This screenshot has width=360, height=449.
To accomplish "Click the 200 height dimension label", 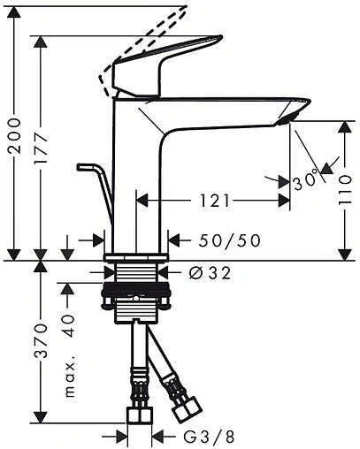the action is [x=15, y=135].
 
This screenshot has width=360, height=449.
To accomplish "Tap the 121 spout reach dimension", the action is [x=215, y=201].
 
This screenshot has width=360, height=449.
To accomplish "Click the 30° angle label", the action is [x=306, y=179].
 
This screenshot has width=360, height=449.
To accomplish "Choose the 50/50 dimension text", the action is [x=230, y=240].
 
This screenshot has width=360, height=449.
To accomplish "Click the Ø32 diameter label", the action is [x=210, y=273].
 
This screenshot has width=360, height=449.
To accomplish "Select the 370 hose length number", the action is [x=41, y=341].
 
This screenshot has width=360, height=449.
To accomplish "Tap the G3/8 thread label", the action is [x=210, y=437].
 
